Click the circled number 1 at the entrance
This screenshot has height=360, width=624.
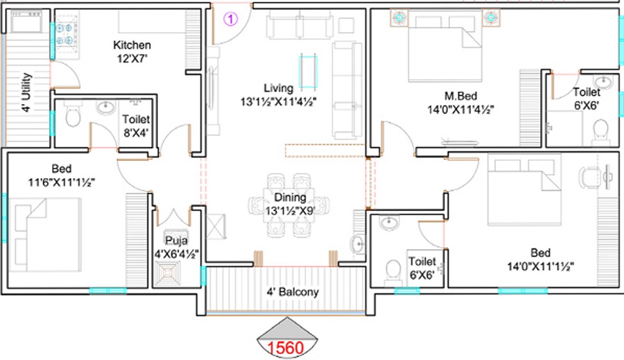coord(231,19)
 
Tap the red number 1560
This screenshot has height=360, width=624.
coord(286,348)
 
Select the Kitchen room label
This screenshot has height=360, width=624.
coord(132,44)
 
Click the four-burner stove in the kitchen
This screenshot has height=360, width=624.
coord(64,34)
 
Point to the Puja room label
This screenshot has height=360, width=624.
coord(176,241)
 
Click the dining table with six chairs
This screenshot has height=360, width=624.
coord(289,205)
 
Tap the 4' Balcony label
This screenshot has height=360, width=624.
coord(293,292)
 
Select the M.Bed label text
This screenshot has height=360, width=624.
coord(461,96)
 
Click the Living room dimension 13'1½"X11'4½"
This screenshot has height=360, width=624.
coord(278,102)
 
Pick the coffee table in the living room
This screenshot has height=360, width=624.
coord(308,72)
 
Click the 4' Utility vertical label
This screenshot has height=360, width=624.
coord(26,92)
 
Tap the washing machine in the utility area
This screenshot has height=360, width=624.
coord(26,22)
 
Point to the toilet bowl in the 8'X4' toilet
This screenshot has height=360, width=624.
coord(73,114)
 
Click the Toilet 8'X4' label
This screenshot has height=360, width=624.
coord(136,126)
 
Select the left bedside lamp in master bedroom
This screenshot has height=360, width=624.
coord(399,17)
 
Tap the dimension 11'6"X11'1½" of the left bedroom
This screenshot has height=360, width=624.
coord(61,182)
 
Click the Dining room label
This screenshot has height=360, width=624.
coord(290,197)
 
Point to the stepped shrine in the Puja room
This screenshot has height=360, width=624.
coord(167,273)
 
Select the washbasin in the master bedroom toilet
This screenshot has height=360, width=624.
coord(604,82)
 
